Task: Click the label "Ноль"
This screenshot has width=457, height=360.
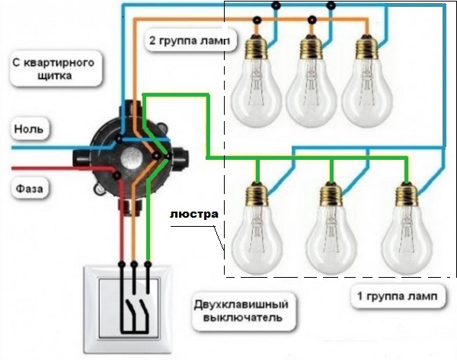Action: tap(28, 129)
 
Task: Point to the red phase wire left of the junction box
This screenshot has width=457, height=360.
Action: tap(46, 168)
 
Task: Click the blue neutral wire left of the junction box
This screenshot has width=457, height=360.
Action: tap(46, 142)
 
